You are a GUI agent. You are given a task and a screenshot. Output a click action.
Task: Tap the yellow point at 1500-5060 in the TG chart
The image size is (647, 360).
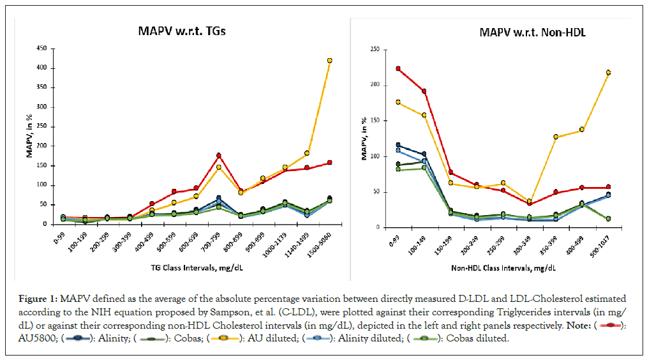(x=329, y=61)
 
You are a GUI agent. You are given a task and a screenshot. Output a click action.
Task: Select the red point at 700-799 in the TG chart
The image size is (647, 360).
(x=218, y=155)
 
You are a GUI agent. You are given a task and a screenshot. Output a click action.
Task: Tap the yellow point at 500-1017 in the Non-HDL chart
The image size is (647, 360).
(x=607, y=73)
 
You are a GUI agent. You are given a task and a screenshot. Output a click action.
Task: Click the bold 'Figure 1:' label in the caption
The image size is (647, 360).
(x=36, y=298)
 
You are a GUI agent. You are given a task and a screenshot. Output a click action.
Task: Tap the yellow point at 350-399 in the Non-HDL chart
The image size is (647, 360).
(x=556, y=137)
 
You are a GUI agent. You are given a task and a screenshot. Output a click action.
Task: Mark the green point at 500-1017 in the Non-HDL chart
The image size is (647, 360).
(x=607, y=218)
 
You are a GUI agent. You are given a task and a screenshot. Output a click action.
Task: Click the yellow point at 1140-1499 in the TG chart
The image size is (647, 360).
(x=307, y=153)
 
